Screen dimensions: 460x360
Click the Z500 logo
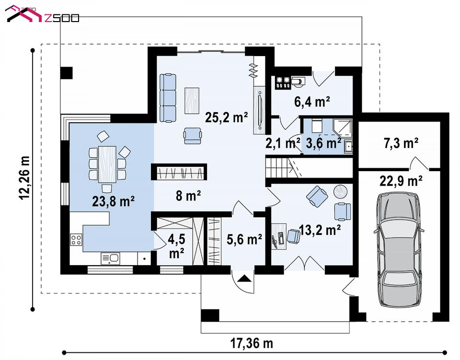43,15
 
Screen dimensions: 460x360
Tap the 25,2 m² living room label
227,117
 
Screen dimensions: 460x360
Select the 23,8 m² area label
113,201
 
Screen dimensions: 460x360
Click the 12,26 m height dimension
24,178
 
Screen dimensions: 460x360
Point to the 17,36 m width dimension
252,343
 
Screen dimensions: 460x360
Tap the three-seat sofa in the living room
168,98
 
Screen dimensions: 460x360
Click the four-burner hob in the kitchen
76,239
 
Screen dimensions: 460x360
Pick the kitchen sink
110,258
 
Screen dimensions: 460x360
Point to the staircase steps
277,167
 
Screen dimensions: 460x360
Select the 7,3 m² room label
401,143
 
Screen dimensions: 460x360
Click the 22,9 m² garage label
401,181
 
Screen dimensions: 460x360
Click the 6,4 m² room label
312,102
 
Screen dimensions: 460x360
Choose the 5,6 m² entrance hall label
244,239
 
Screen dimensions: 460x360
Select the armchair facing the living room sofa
193,136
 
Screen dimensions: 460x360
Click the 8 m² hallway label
188,196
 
